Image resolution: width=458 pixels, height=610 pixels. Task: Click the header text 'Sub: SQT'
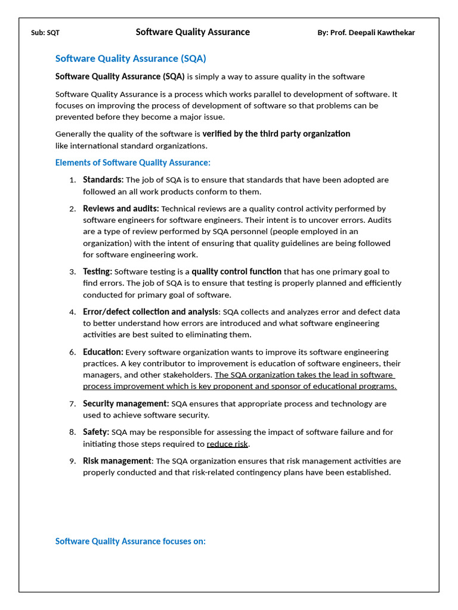click(x=45, y=33)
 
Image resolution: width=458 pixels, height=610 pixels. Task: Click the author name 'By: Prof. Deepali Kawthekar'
click(x=366, y=33)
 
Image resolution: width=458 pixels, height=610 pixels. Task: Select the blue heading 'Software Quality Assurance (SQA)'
click(x=131, y=58)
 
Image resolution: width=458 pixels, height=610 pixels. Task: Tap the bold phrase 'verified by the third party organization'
click(x=276, y=134)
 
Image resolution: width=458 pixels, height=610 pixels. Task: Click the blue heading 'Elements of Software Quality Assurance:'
click(x=132, y=163)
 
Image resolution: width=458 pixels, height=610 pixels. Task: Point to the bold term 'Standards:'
click(x=103, y=180)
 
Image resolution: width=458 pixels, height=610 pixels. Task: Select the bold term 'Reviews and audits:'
click(x=120, y=208)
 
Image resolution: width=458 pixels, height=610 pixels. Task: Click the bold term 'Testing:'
click(x=97, y=272)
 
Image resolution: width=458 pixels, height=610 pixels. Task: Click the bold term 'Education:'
click(x=103, y=352)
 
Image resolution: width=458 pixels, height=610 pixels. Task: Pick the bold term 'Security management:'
click(x=126, y=404)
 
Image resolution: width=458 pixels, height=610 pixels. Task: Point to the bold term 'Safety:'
click(x=96, y=432)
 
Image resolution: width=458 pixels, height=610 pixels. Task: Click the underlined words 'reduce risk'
click(x=227, y=444)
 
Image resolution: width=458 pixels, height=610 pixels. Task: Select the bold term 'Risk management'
click(x=117, y=461)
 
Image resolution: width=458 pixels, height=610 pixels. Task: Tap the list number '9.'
click(x=72, y=461)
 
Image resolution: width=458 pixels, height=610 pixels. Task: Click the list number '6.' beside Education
click(x=72, y=353)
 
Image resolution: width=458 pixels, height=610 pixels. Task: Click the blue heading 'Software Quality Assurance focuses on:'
click(x=130, y=541)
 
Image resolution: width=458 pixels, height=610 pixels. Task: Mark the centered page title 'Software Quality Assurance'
click(x=193, y=32)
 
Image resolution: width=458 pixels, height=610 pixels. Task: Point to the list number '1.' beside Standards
click(x=72, y=180)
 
